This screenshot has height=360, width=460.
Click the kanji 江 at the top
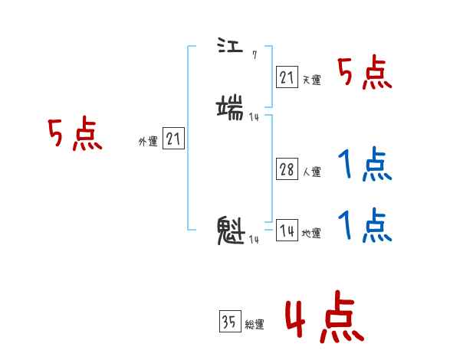pos(228,47)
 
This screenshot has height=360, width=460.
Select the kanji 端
pos(231,106)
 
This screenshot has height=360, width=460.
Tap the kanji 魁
pos(231,231)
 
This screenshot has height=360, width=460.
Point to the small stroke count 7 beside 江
pos(254,56)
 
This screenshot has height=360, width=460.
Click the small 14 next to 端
pos(254,116)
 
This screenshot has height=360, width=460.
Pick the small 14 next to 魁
pos(253,240)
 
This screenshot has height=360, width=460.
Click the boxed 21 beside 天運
pos(287,77)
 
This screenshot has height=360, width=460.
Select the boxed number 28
pos(287,170)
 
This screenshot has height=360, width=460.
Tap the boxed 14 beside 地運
pos(287,231)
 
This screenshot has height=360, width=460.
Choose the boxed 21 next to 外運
pos(174,139)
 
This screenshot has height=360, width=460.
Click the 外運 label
pos(148,142)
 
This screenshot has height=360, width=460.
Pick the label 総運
pos(254,325)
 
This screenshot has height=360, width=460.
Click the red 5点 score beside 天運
pos(364,74)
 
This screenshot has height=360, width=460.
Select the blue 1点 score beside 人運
pos(364,164)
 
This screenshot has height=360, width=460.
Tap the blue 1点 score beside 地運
pos(364,226)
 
